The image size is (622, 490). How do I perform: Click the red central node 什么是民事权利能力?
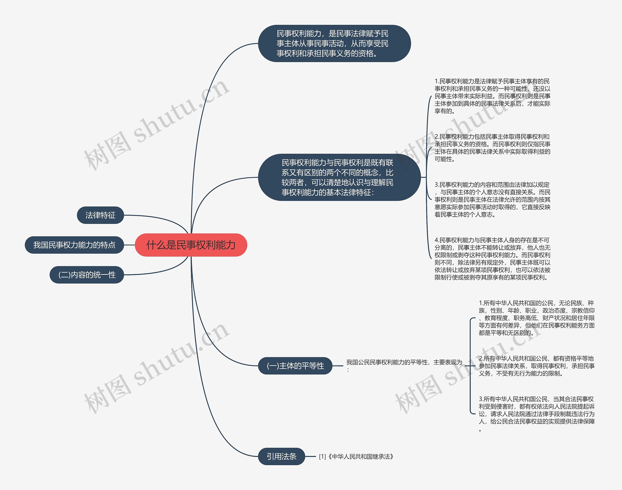click(191, 245)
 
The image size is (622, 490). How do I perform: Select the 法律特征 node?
click(100, 215)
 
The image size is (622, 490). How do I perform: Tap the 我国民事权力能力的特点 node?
click(74, 245)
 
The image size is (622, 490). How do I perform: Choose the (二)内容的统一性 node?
click(87, 275)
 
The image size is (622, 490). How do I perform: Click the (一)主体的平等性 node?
click(295, 366)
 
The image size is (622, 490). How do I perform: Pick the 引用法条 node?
click(281, 456)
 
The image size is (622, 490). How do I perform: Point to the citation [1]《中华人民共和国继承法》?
click(356, 456)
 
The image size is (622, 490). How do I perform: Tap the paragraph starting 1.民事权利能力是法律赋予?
click(492, 96)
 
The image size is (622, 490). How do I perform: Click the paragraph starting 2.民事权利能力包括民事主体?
click(492, 148)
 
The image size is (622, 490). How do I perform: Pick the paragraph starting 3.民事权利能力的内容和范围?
click(492, 199)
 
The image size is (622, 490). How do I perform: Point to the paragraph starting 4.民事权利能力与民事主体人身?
click(492, 259)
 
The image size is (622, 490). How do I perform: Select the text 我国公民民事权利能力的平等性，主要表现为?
click(404, 363)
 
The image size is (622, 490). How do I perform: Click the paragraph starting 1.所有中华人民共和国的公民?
click(536, 318)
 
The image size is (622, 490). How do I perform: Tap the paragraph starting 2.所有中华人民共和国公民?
click(536, 366)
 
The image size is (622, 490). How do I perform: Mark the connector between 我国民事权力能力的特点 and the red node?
click(129, 245)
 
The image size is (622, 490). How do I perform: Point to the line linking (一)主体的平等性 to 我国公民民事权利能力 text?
click(338, 366)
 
